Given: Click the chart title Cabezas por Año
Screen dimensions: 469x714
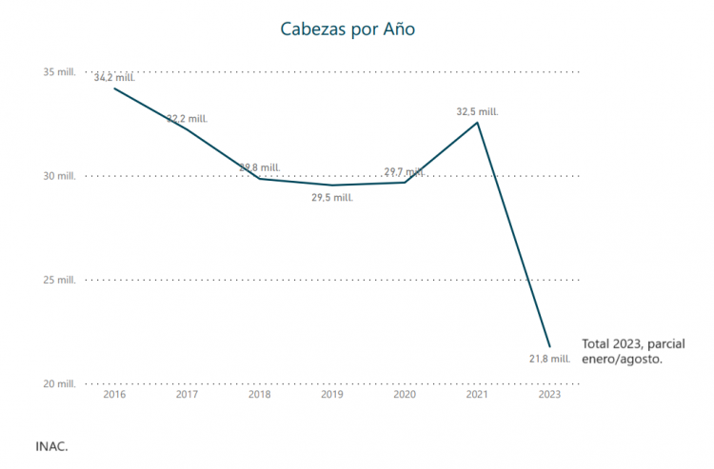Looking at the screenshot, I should coord(347,29).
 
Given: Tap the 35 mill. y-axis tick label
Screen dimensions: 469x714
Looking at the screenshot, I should coord(60,72).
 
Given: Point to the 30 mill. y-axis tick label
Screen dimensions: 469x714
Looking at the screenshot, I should coord(60,176).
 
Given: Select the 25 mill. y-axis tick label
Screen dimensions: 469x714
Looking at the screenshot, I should coord(60,280).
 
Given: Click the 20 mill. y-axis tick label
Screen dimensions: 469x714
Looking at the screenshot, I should coord(60,383).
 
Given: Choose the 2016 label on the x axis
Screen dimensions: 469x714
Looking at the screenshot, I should coord(114,394).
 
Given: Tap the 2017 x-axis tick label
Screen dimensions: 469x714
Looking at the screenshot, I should coord(187,394).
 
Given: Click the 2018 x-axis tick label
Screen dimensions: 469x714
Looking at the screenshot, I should coord(259,394).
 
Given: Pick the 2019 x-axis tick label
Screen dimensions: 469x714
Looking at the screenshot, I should coord(331,394).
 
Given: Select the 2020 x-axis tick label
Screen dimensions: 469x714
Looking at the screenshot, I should coord(405,394).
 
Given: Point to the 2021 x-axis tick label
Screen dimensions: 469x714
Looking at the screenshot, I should coord(477,394).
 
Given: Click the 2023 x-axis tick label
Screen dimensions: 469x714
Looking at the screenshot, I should coord(549,394).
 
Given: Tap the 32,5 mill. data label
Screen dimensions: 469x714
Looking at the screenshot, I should coord(477,111).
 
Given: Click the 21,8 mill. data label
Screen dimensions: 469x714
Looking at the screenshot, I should coord(548,360).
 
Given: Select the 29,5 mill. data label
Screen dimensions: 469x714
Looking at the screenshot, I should coord(332,197).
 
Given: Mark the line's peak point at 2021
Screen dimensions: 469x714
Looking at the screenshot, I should coord(477,123).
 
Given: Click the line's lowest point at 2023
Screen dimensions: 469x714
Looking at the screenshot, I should coord(549,346).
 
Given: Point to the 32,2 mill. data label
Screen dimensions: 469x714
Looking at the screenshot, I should coord(188,119).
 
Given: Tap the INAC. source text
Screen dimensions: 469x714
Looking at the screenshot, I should coord(51,445).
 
